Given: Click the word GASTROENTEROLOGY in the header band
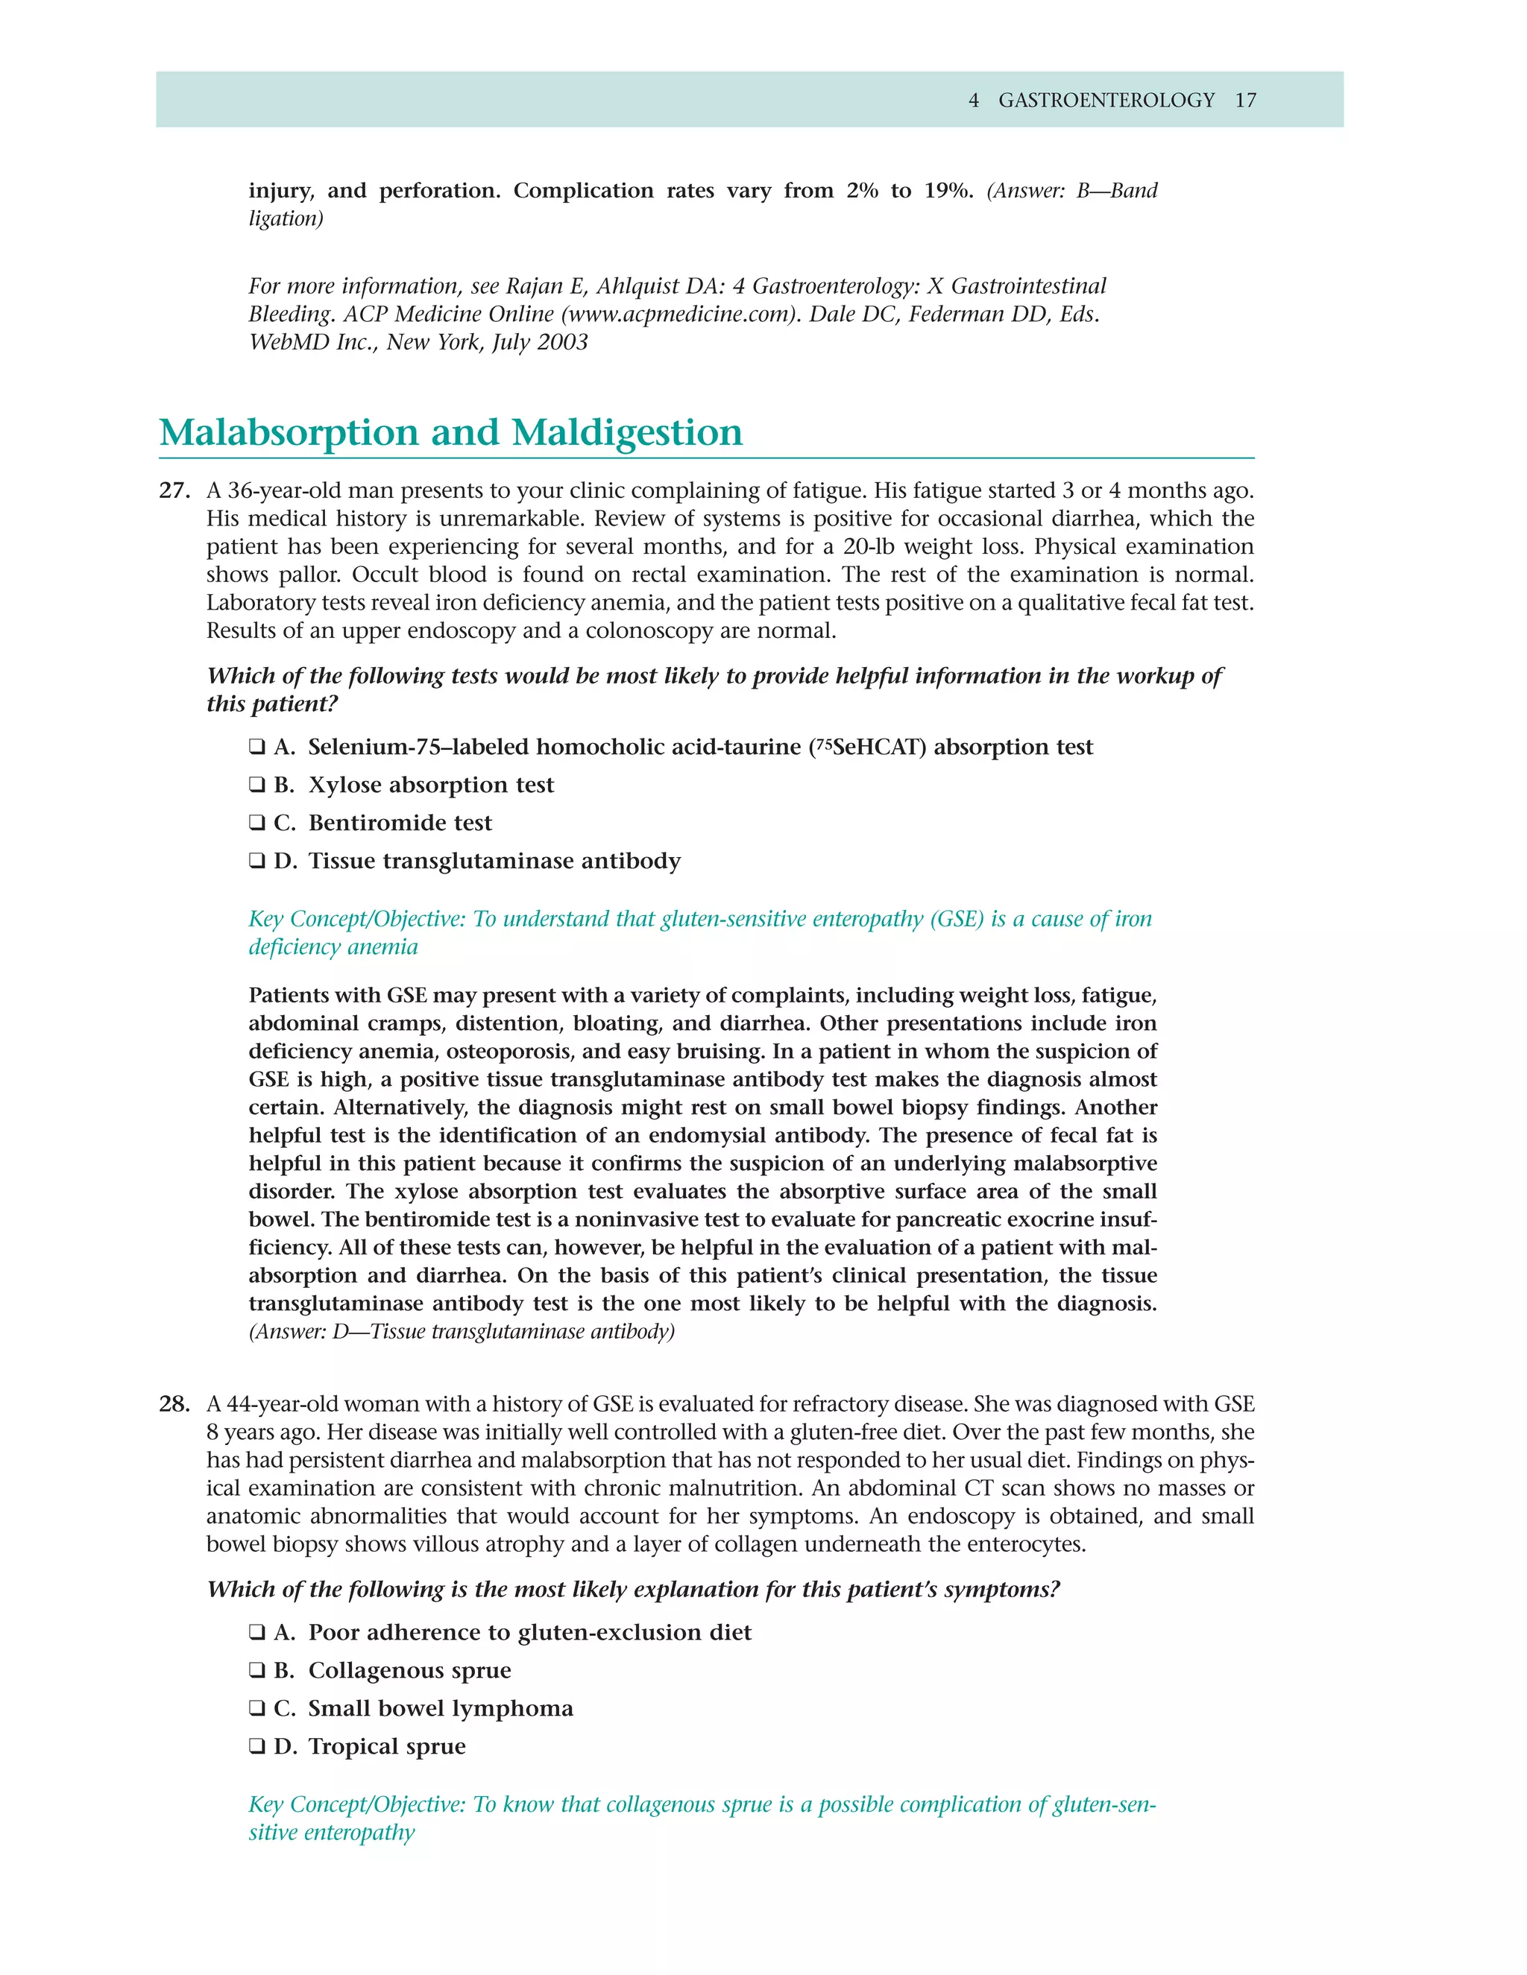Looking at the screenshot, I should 1106,101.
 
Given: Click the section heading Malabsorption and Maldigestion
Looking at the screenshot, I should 450,432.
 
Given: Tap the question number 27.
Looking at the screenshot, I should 174,491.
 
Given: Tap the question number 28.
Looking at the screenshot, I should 174,1404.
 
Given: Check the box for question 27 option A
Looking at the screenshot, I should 257,747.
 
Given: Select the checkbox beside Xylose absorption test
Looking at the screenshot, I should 257,785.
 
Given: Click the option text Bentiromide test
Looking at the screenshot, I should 400,823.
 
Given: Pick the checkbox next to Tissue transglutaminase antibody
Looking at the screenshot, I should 257,861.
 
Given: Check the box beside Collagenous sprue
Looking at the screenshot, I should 257,1670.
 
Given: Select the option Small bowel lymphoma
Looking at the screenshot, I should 441,1708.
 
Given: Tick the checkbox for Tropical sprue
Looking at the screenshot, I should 257,1746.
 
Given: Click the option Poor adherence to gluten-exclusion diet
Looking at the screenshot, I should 529,1632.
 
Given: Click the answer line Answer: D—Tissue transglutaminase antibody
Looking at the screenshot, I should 462,1332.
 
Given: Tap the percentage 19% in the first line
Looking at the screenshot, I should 947,191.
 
